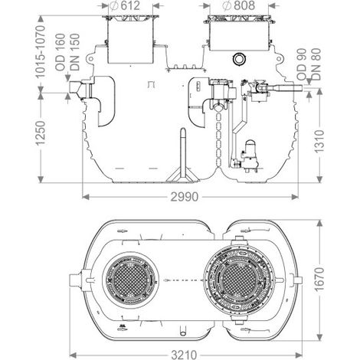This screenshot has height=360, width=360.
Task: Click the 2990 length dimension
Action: [x=184, y=197]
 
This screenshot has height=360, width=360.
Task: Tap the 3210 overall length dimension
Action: [x=184, y=355]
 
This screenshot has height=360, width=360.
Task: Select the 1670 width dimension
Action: [x=319, y=280]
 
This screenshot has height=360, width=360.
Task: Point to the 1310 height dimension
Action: [x=319, y=142]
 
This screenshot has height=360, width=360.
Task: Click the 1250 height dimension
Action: [x=41, y=133]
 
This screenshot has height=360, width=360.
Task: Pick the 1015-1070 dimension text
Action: [x=41, y=51]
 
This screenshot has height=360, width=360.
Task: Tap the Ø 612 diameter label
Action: [x=126, y=5]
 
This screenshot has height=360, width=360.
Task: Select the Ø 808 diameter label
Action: [x=239, y=5]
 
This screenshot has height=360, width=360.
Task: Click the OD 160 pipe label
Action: [x=61, y=52]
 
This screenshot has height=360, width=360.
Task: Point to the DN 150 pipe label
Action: [x=75, y=52]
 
